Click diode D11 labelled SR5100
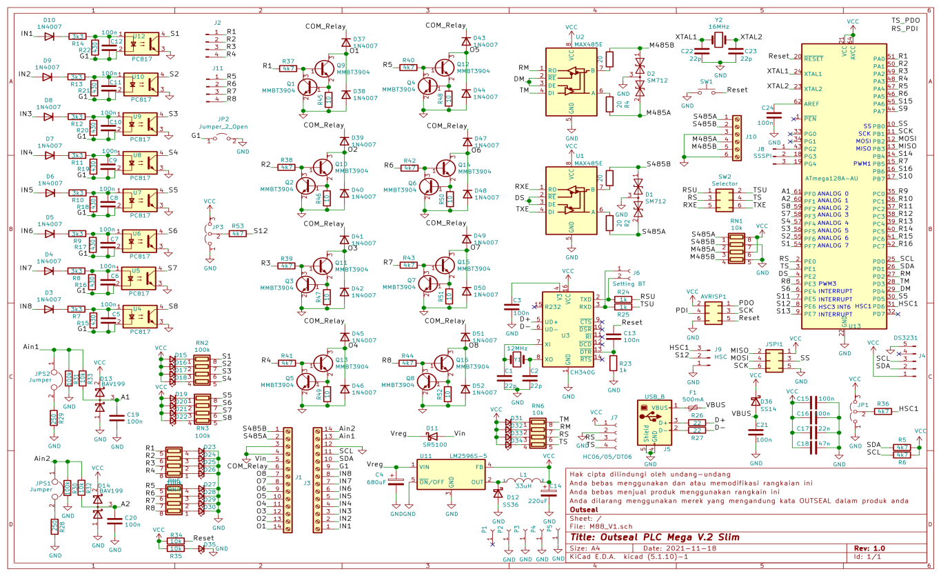pyautogui.click(x=432, y=436)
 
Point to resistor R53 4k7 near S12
pyautogui.click(x=239, y=234)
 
